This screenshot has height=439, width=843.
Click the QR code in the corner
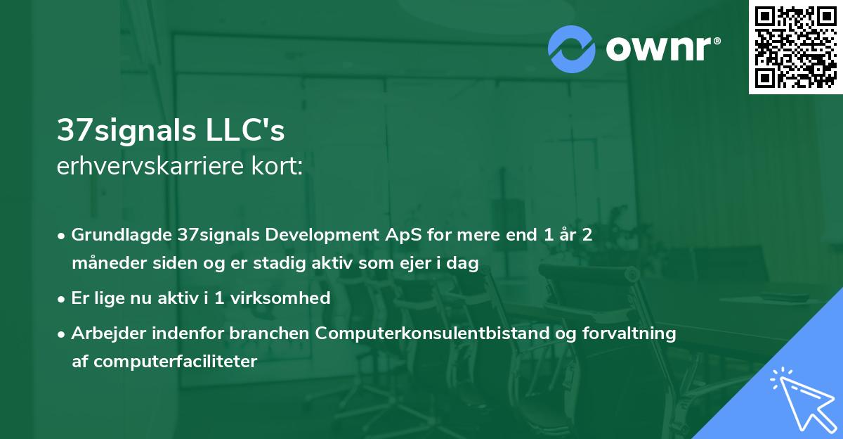point(795,46)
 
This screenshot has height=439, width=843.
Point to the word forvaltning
point(636,333)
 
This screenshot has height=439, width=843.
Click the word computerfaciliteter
point(174,362)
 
